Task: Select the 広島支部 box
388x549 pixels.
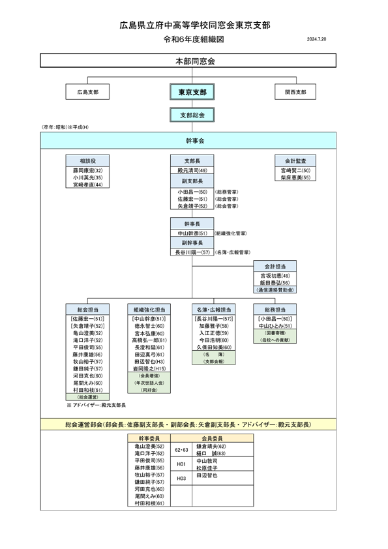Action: click(87, 93)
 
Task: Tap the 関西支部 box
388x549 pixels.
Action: click(295, 93)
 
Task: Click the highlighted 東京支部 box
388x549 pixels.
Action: click(192, 93)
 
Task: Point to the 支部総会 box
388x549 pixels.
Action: click(192, 115)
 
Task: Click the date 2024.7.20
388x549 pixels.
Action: click(316, 40)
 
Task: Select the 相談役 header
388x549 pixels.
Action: click(87, 160)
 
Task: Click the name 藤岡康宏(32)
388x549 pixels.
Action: click(87, 170)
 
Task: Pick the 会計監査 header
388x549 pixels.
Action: click(295, 160)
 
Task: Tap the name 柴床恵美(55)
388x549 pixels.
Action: click(295, 177)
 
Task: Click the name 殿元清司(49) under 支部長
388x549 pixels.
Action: click(192, 170)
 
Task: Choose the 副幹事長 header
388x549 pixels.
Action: click(192, 242)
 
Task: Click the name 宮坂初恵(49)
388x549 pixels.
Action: click(275, 276)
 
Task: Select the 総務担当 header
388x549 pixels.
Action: click(275, 309)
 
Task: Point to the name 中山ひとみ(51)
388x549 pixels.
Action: click(275, 325)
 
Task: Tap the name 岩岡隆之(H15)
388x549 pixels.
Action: click(149, 368)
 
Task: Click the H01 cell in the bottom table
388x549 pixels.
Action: click(182, 464)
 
